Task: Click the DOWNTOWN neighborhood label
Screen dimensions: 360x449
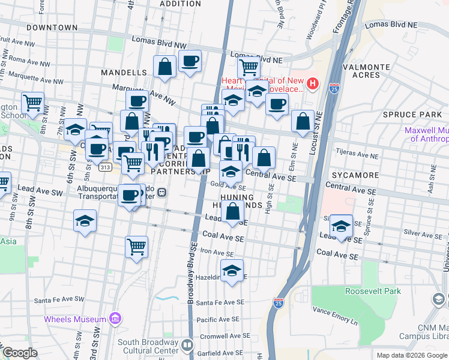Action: pyautogui.click(x=52, y=28)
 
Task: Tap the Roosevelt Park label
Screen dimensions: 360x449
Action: pyautogui.click(x=373, y=291)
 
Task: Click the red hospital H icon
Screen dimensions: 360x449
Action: pyautogui.click(x=313, y=82)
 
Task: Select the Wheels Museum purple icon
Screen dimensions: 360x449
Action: pyautogui.click(x=117, y=319)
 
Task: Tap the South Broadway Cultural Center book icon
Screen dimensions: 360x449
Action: pyautogui.click(x=187, y=346)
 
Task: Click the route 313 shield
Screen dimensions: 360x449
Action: pyautogui.click(x=106, y=167)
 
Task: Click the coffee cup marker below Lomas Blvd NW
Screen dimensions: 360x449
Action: pyautogui.click(x=190, y=61)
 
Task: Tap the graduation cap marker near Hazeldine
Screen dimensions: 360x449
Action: pyautogui.click(x=232, y=271)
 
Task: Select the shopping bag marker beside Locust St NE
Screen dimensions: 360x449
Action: pyautogui.click(x=303, y=121)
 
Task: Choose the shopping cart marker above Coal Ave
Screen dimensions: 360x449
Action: pyautogui.click(x=136, y=246)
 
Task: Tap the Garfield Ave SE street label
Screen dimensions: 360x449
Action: pyautogui.click(x=222, y=347)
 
